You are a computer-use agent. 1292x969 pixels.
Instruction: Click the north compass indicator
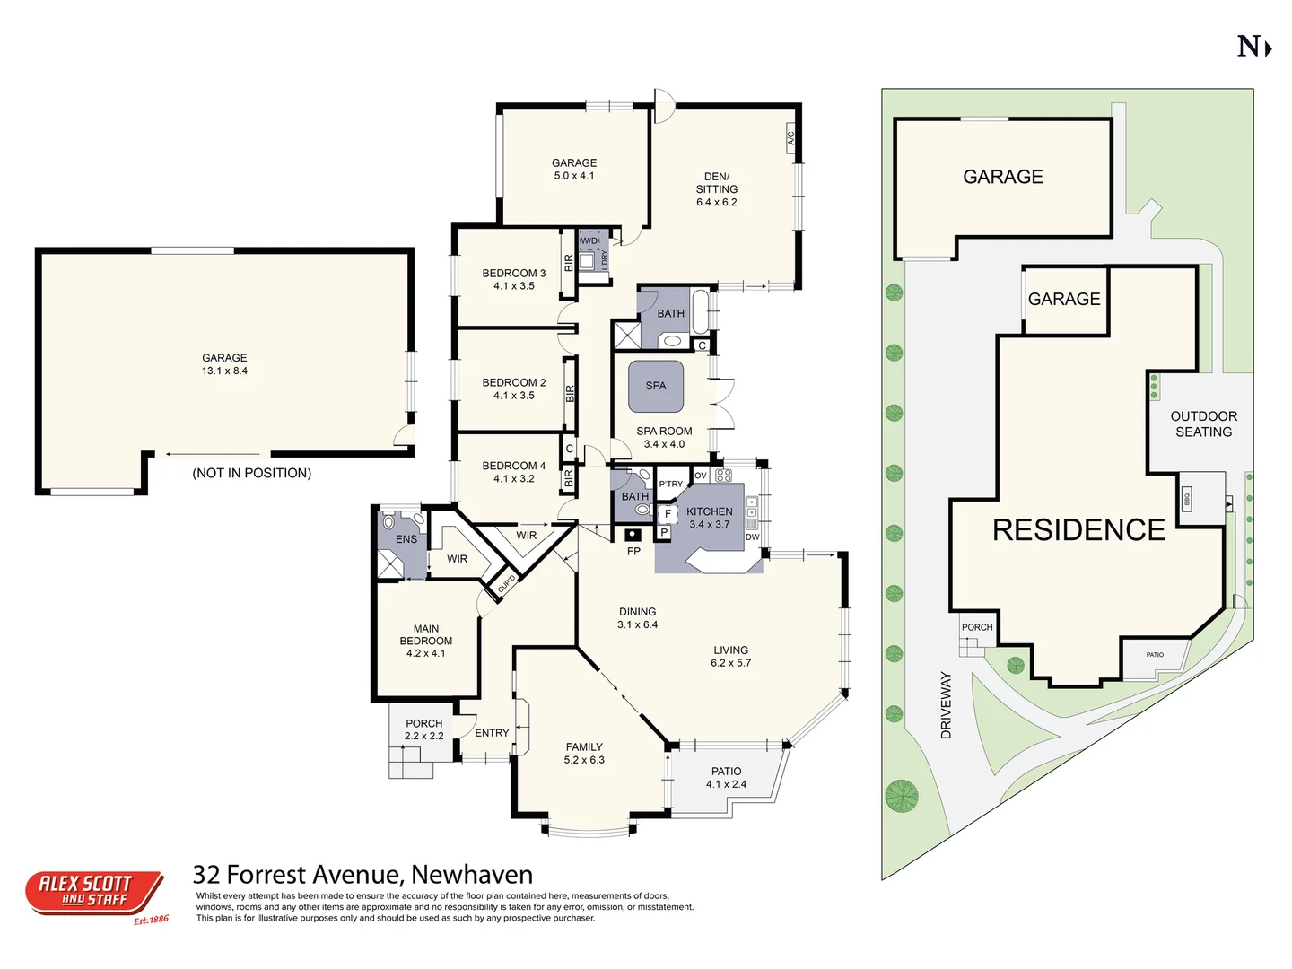coord(1253,47)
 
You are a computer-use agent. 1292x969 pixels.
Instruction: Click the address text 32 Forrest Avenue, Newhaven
coord(362,874)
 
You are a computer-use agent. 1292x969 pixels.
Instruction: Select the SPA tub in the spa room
coord(656,386)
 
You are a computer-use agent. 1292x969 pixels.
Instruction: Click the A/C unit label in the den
coord(790,138)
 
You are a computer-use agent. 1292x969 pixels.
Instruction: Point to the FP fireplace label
coord(633,551)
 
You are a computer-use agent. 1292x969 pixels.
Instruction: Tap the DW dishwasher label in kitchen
coord(752,537)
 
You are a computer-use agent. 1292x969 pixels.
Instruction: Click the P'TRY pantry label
coord(671,484)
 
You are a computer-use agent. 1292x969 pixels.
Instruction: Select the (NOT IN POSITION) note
coord(252,473)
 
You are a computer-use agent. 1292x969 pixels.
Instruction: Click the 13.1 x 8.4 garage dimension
coord(224,371)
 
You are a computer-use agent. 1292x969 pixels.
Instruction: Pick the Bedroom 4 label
coord(513,466)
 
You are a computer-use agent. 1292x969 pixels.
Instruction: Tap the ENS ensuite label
coord(406,539)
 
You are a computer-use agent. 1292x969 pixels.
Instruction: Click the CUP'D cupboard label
coord(506,584)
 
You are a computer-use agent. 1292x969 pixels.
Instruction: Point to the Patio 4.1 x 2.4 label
coord(726,778)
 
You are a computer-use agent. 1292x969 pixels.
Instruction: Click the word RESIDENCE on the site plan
coord(1078,530)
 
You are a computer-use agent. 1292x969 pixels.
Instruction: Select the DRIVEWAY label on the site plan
coord(946,705)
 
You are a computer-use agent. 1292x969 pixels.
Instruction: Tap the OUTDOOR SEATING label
coord(1203,423)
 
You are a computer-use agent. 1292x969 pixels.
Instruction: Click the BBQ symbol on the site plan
coord(1186,498)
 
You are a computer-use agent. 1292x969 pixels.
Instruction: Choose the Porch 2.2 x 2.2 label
coord(423,729)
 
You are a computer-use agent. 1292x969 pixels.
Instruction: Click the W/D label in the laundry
coord(589,240)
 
